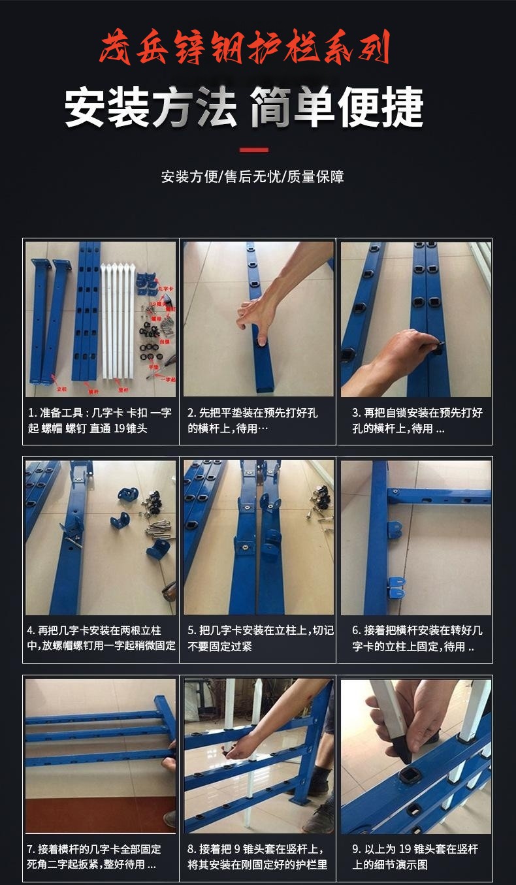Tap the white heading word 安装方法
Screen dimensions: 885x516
pyautogui.click(x=151, y=108)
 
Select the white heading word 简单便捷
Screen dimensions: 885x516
pyautogui.click(x=337, y=108)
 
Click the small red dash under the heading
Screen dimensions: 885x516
pyautogui.click(x=254, y=150)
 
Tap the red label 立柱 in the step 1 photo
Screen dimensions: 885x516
pyautogui.click(x=61, y=388)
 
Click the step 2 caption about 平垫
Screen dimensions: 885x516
pyautogui.click(x=258, y=421)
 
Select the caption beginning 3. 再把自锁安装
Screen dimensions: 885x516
pyautogui.click(x=417, y=421)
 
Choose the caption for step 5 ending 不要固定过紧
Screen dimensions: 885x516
pyautogui.click(x=258, y=638)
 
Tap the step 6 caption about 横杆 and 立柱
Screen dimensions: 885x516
pyautogui.click(x=417, y=638)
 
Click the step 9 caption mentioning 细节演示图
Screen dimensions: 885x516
pyautogui.click(x=417, y=856)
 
